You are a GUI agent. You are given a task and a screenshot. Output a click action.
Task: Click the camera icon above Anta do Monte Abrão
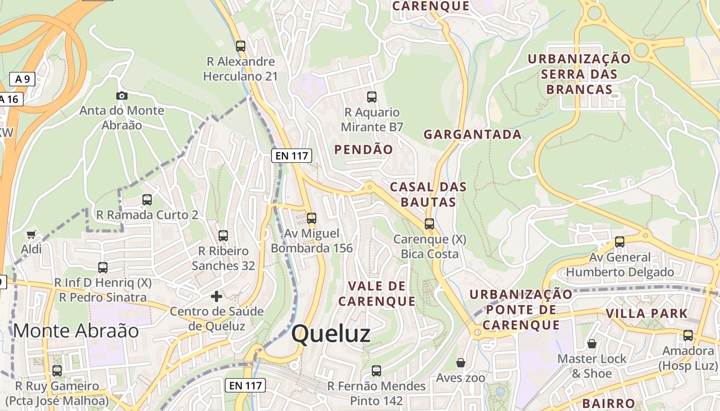coord(122,96)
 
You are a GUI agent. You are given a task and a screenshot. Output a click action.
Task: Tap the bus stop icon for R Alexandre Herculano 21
coord(241,46)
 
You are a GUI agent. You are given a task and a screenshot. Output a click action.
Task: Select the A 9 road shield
coord(22,79)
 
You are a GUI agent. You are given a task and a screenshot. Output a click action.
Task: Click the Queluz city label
coord(331,334)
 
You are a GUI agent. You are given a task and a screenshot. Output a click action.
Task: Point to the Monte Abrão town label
coord(76,331)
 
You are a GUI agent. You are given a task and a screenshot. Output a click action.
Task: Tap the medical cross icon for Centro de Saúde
coord(217,296)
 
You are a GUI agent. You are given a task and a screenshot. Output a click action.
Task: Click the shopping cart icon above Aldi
coord(31,235)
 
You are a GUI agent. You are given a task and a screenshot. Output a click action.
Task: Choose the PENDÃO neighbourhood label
coord(364,150)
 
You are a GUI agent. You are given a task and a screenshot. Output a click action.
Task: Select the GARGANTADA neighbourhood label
coord(472,135)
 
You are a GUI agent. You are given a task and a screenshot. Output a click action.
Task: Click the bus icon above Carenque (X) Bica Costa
coord(429,224)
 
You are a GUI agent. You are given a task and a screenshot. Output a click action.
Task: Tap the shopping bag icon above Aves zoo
coord(460,363)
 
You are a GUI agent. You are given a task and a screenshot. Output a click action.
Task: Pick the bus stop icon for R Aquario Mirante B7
coord(371,97)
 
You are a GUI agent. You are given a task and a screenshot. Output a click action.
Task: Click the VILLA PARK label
coord(646,313)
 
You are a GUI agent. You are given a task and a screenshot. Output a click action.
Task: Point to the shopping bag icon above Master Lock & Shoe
coord(592,344)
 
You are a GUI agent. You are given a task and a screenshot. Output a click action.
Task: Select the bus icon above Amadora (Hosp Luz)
coord(688,335)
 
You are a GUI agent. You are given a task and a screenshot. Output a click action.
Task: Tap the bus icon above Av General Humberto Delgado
coord(620,241)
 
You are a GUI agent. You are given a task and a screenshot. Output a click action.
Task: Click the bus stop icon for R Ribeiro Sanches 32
coord(223,236)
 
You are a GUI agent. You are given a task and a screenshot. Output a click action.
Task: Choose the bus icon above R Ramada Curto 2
coord(147,199)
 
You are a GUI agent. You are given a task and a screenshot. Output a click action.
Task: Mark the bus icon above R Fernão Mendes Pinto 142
coord(376,370)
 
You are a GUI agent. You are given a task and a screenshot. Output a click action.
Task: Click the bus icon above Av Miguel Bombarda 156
coord(311,218)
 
